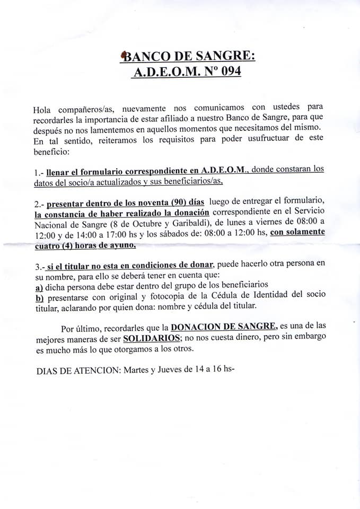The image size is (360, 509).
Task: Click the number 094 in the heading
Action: click(226, 72)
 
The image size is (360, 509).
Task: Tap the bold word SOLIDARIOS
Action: click(151, 338)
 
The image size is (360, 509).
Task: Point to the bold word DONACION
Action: click(196, 327)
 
